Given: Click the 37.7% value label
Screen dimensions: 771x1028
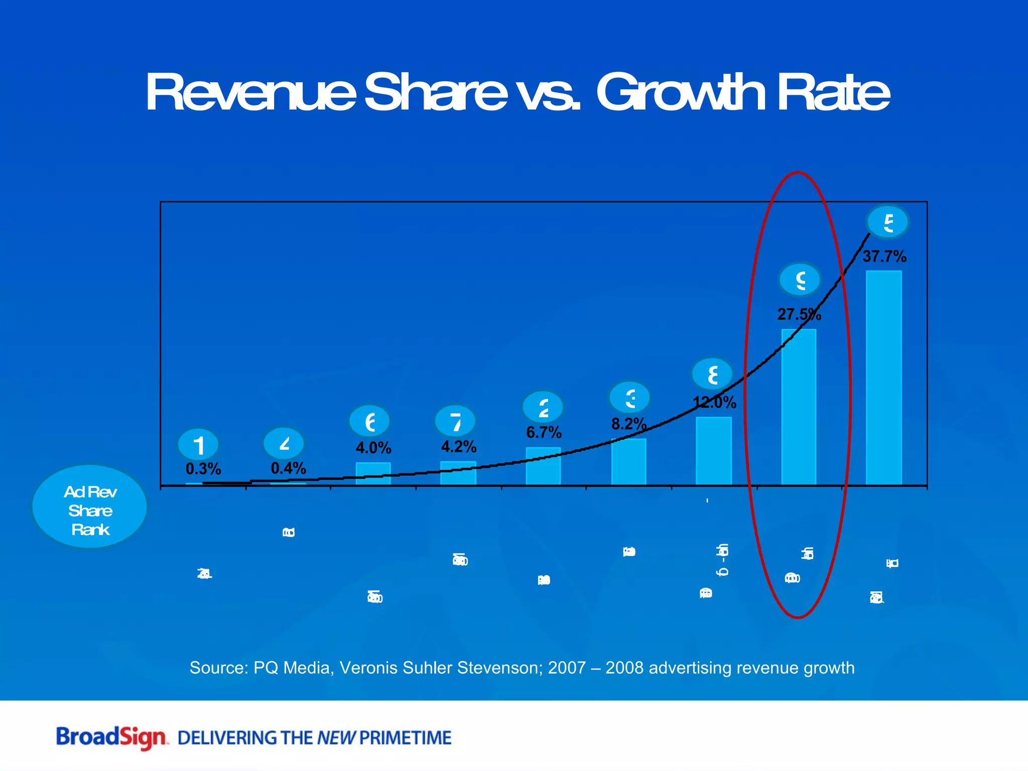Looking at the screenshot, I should click(x=884, y=256).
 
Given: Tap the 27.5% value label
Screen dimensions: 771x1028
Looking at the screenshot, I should click(x=799, y=315).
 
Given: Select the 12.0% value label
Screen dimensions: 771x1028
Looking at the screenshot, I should click(x=714, y=403).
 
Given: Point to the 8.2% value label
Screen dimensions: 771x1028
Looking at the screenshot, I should click(x=628, y=424).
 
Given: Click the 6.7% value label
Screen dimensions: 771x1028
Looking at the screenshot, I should click(x=544, y=432).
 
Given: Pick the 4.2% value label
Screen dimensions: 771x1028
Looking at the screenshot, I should click(x=458, y=446).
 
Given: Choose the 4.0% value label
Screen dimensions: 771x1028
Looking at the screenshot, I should click(x=373, y=448).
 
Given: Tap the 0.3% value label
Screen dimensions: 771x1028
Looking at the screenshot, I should click(x=203, y=469).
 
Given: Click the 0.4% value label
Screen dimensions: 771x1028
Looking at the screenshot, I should click(x=288, y=468).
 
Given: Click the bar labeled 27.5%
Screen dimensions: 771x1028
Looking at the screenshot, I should click(x=799, y=407).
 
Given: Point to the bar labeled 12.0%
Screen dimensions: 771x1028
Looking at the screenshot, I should click(x=714, y=451).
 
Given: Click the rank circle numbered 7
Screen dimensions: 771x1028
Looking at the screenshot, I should click(x=455, y=422).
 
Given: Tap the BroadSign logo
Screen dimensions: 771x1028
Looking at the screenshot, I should click(x=111, y=737).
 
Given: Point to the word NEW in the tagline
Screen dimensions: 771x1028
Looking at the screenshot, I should click(x=336, y=738).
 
